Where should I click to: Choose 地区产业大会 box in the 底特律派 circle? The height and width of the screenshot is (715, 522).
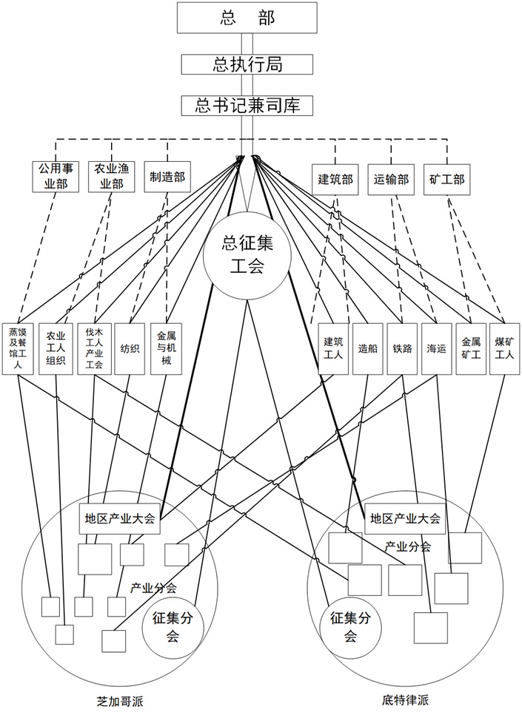point(405,518)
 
